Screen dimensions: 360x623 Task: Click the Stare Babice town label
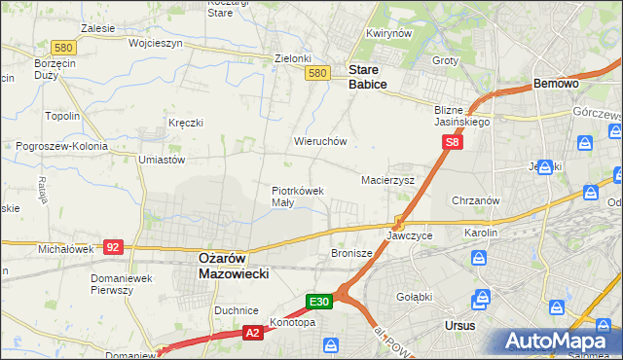[x=368, y=77]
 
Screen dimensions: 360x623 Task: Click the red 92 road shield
[x=113, y=247]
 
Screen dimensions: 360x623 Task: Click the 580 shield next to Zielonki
[x=316, y=73]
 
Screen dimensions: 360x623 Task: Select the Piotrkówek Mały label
[x=297, y=197]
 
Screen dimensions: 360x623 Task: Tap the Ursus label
[x=458, y=325]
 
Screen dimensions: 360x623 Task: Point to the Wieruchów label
[x=320, y=141]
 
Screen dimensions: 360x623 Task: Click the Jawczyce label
[x=409, y=236]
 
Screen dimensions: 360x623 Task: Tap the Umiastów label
[x=162, y=160]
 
